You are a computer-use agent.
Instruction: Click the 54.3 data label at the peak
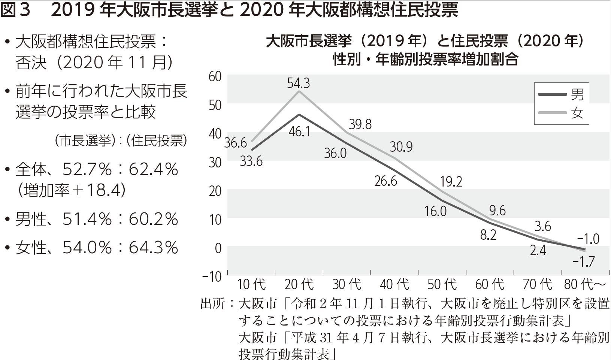point(299,83)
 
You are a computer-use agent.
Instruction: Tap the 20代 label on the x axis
point(299,285)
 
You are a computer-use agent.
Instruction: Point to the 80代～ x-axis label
point(585,285)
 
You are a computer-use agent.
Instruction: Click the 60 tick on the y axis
point(215,76)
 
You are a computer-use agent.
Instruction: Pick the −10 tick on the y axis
point(212,276)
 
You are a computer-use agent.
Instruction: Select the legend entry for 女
point(561,113)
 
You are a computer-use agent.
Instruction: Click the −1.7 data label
point(584,261)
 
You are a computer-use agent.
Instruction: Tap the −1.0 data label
point(588,239)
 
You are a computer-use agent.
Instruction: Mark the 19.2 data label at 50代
point(451,182)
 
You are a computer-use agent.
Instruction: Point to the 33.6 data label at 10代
point(251,161)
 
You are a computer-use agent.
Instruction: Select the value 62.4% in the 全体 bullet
point(153,170)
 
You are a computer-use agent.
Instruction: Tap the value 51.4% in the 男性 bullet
point(87,219)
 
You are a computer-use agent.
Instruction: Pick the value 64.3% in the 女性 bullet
point(153,248)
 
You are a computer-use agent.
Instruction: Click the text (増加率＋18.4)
point(71,190)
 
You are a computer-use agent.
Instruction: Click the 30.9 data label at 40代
point(401,146)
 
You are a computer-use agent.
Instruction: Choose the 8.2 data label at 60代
point(488,235)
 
